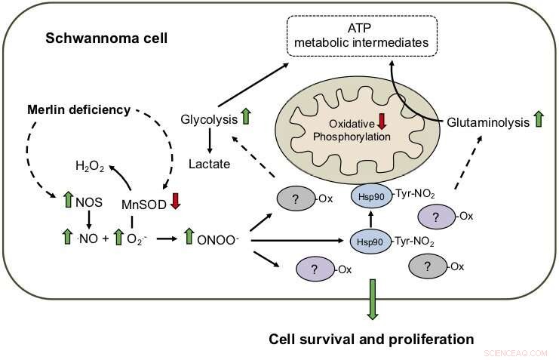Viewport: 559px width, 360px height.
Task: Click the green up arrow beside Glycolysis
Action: click(x=244, y=118)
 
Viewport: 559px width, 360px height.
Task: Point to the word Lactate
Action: click(x=210, y=164)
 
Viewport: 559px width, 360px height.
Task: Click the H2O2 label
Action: click(x=91, y=163)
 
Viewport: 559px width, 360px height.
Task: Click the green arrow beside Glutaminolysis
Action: click(x=537, y=119)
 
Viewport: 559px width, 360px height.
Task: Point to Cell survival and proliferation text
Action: click(x=371, y=337)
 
